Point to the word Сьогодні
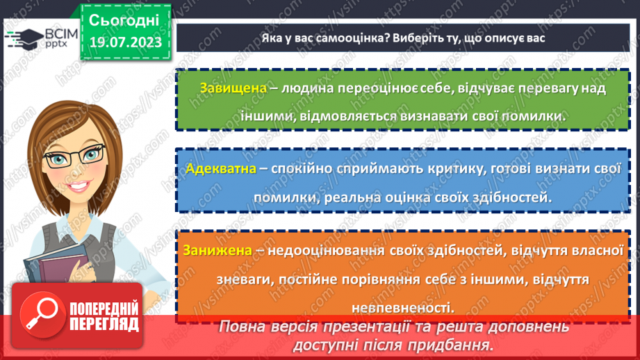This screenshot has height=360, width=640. [x=124, y=19]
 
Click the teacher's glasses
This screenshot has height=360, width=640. [x=71, y=157]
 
